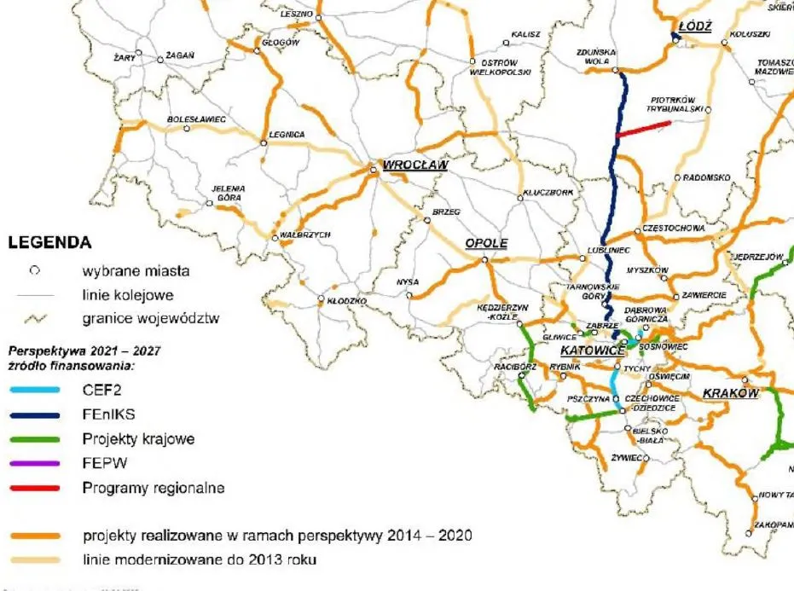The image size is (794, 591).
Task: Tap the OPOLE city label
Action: (486, 243)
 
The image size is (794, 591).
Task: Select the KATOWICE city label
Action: (589, 351)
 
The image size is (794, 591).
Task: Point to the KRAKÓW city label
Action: (730, 393)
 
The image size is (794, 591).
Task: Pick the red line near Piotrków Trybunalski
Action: (644, 128)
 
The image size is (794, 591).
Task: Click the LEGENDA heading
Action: (49, 243)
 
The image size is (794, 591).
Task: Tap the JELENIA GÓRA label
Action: (229, 193)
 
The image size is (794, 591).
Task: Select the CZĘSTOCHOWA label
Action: (674, 229)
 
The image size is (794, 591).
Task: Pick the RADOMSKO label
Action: (707, 177)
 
